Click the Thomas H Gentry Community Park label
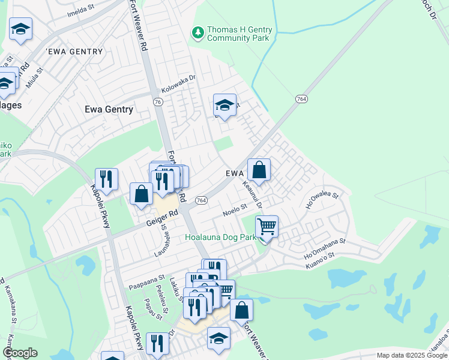(x=239, y=34)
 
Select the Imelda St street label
(x=82, y=12)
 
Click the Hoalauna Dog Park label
(x=221, y=237)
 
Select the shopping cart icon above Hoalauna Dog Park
(x=266, y=227)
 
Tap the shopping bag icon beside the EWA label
(x=259, y=170)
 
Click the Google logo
(x=20, y=353)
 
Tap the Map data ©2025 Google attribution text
(x=411, y=355)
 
